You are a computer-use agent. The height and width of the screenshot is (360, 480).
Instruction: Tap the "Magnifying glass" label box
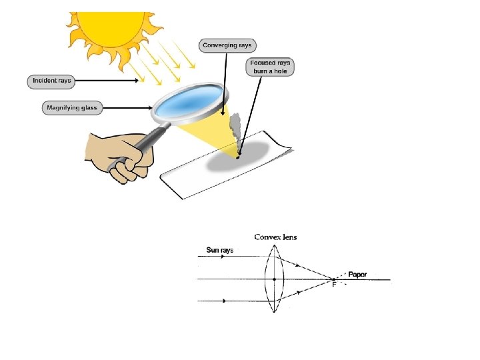coord(72,107)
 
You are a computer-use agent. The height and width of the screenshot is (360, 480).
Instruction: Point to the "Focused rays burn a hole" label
coord(270,67)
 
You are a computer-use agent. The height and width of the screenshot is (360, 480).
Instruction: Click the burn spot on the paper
coord(238,157)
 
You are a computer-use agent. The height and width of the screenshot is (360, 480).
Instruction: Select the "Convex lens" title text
coord(275,237)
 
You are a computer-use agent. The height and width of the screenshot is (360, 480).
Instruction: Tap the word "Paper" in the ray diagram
coord(357,274)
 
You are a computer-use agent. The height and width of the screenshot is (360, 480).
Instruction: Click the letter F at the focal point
coord(335,285)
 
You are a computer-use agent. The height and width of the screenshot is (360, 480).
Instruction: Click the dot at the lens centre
coord(275,279)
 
